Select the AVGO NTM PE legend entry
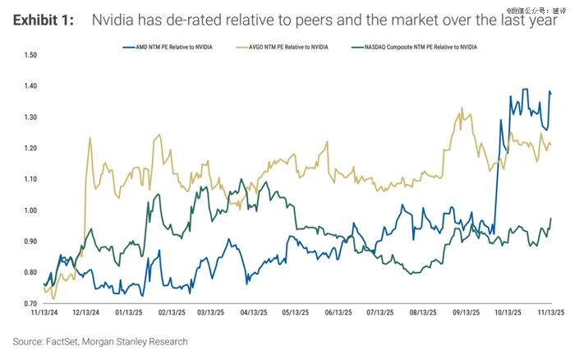[x=282, y=48]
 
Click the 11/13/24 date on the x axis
[x=43, y=313]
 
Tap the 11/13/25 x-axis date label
[x=549, y=313]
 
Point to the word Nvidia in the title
[x=116, y=20]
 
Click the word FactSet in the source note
[x=71, y=341]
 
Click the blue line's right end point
[x=550, y=93]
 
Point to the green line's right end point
[x=550, y=219]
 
